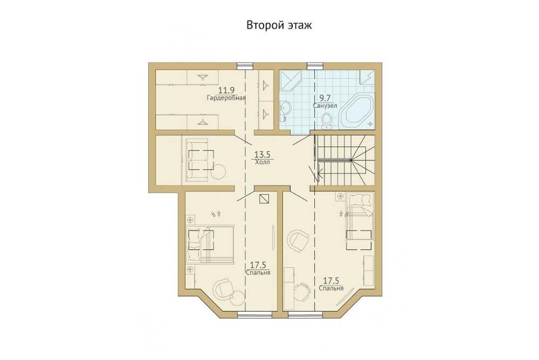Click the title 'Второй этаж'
[279, 25]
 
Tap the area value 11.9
[226, 91]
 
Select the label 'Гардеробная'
[226, 98]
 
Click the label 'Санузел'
[325, 106]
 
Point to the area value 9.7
[325, 98]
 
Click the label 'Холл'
[262, 162]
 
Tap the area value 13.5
[262, 154]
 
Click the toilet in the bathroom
[326, 122]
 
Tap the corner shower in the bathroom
[290, 81]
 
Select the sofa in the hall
[197, 160]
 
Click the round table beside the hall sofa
[219, 171]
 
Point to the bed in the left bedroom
[210, 244]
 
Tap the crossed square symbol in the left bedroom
[264, 199]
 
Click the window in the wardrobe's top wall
[245, 66]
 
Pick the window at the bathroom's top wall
[315, 66]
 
